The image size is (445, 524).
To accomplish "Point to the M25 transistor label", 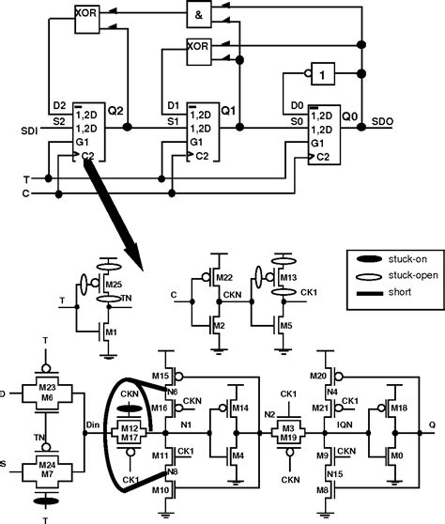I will click(x=115, y=284).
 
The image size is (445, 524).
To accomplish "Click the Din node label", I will click(x=91, y=425).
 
